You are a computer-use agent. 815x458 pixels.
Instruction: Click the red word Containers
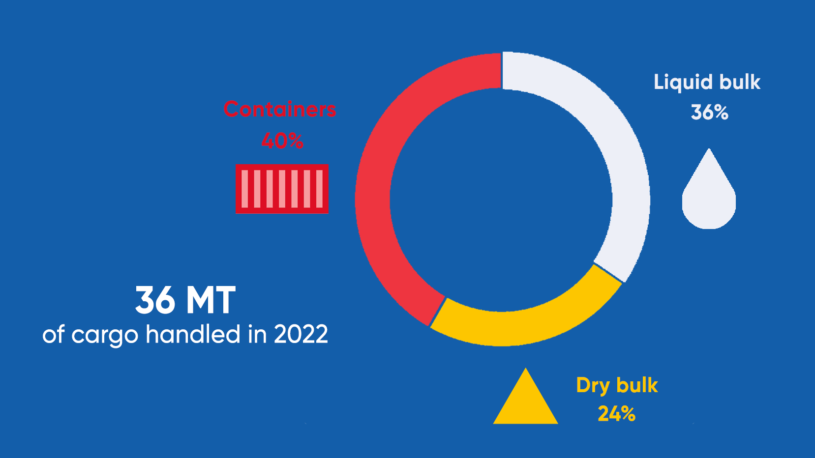279,110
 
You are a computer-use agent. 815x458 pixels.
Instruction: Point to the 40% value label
282,141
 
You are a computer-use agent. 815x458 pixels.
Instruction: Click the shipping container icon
282,189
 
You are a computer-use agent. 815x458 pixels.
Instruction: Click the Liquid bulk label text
707,82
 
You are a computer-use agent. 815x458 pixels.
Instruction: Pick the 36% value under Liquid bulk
709,113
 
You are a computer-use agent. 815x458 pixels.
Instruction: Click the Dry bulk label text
617,386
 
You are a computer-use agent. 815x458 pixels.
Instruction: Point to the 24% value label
616,414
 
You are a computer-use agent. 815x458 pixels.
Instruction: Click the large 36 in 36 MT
155,300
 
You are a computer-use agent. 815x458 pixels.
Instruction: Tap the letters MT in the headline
211,300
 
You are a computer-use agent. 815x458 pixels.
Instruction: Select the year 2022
301,335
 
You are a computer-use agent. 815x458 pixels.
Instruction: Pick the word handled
193,334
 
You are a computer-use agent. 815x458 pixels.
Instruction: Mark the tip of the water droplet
709,148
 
